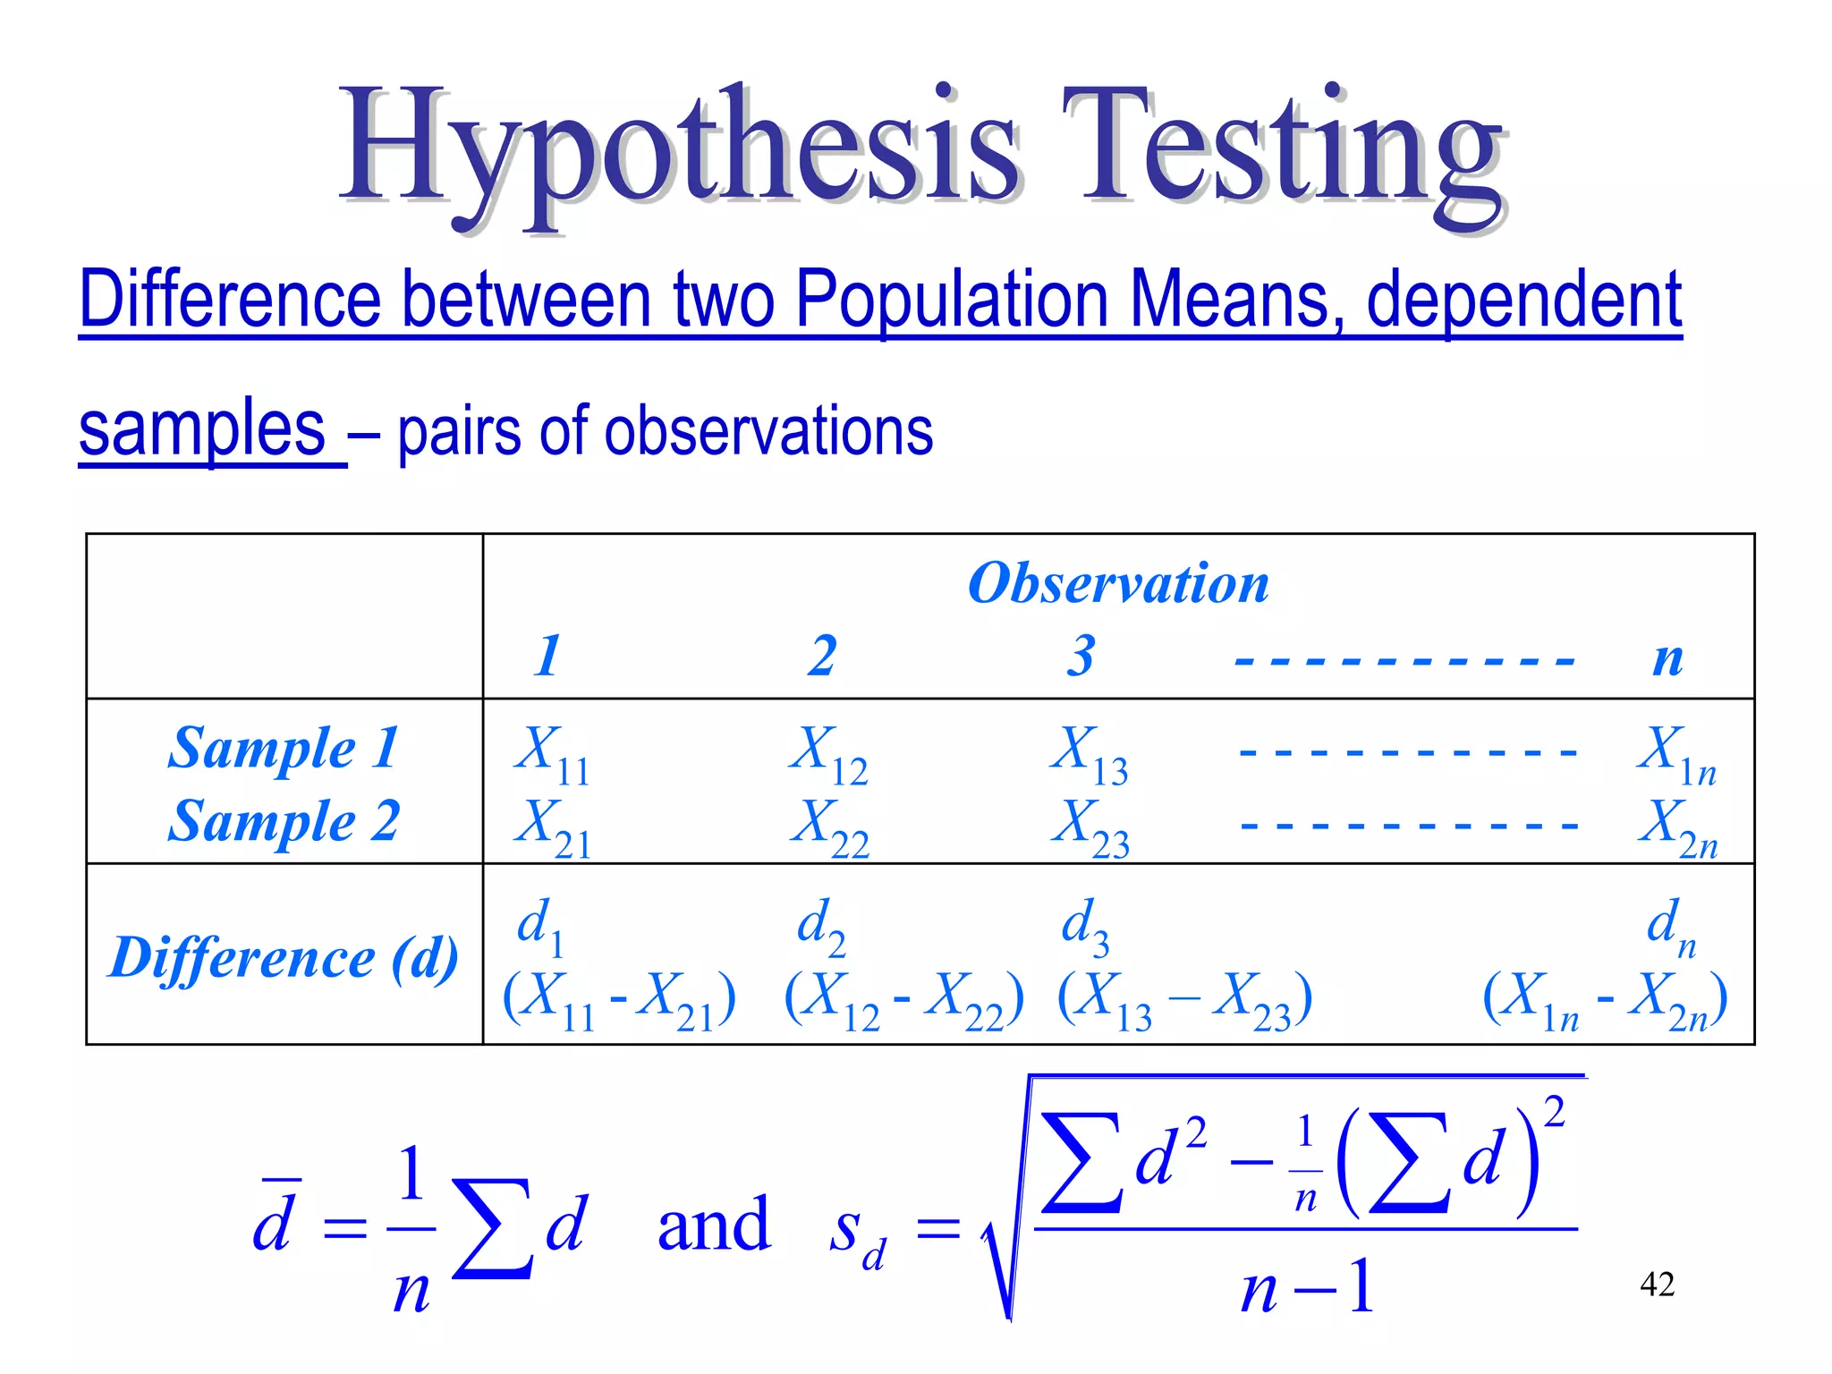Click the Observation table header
coord(1118,583)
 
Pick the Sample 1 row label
coord(283,748)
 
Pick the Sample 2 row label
coord(283,821)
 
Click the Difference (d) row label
coord(283,957)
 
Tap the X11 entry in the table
coord(551,753)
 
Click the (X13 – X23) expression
coord(1184,1000)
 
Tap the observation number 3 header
coord(1081,655)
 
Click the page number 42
coord(1657,1285)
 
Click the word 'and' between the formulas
coord(713,1225)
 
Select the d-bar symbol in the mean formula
coord(272,1221)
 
